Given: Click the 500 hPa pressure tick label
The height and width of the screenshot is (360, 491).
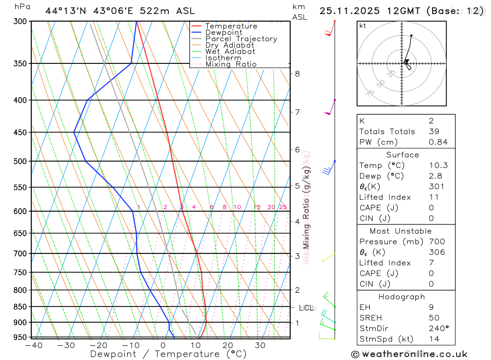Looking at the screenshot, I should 20,161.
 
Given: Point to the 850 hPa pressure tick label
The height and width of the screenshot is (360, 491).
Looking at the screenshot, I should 20,307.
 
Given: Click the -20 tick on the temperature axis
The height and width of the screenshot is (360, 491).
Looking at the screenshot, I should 98,346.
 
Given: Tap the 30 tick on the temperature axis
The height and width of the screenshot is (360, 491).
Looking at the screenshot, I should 260,346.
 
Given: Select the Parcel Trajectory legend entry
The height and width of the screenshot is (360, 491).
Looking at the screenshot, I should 241,39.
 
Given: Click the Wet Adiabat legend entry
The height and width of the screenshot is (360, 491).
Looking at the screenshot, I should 230,52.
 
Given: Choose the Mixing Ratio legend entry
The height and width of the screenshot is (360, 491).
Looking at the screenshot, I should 231,64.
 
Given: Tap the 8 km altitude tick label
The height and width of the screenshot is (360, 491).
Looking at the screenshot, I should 297,74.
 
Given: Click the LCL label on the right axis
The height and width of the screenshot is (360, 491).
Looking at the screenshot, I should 306,308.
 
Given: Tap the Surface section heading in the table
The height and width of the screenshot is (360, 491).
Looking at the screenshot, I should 402,155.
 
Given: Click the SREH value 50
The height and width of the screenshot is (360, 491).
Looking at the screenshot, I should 434,318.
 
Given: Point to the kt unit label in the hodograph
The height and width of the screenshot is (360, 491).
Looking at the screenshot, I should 362,26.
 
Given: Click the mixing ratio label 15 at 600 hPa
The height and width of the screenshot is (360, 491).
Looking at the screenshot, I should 257,207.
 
